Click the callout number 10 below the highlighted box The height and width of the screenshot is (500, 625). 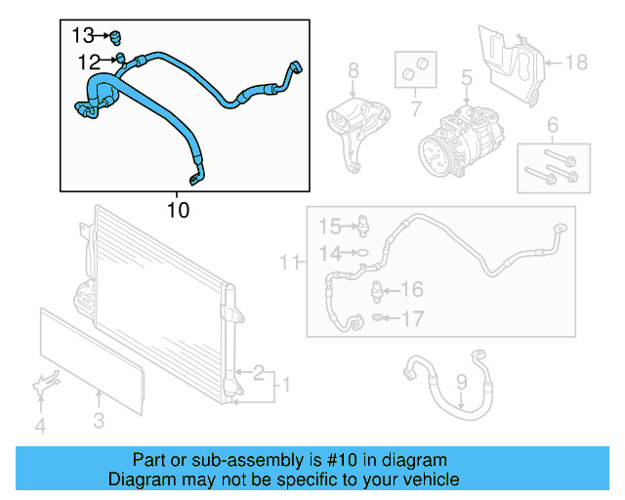point(178,209)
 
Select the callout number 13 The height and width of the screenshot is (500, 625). point(85,36)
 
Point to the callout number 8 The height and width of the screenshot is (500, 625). point(353,69)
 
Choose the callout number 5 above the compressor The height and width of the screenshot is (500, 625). point(467,75)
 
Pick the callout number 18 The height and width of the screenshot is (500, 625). point(576,62)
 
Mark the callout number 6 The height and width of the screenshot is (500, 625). point(552,124)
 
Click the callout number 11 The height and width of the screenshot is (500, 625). point(288,261)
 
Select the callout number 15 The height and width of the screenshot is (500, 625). point(331,228)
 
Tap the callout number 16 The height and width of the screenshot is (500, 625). point(413,290)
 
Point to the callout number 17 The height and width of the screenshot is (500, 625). point(413,318)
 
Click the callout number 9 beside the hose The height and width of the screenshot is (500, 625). point(462,382)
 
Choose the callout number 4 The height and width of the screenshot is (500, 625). point(40,425)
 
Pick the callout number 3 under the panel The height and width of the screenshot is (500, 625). point(99,421)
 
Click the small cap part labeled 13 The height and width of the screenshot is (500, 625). point(115,38)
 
